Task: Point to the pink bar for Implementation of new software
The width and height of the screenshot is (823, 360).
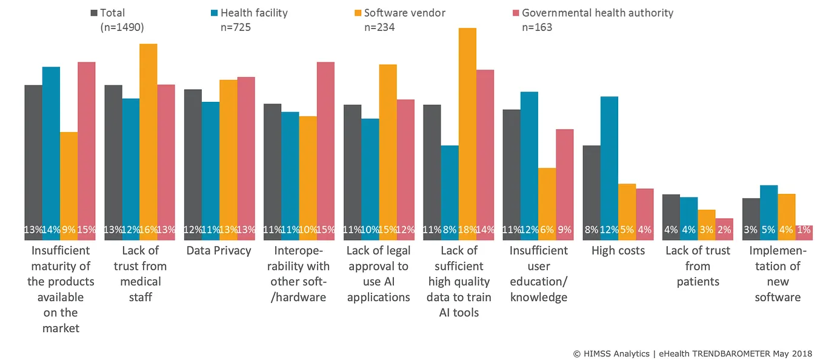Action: point(804,232)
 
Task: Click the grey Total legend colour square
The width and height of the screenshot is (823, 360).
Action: point(94,13)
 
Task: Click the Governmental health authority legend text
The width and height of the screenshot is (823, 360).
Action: point(597,13)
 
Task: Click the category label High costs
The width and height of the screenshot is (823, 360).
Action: point(618,250)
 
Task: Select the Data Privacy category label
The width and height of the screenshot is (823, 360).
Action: point(218,250)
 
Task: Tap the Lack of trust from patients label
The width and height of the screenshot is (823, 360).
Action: point(698,266)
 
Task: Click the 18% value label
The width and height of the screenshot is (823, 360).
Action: point(467,230)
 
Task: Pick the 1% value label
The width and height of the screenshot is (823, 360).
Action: point(804,230)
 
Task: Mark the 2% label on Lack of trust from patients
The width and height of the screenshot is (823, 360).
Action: point(724,230)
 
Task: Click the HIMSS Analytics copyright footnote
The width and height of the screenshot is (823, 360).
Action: point(691,353)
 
